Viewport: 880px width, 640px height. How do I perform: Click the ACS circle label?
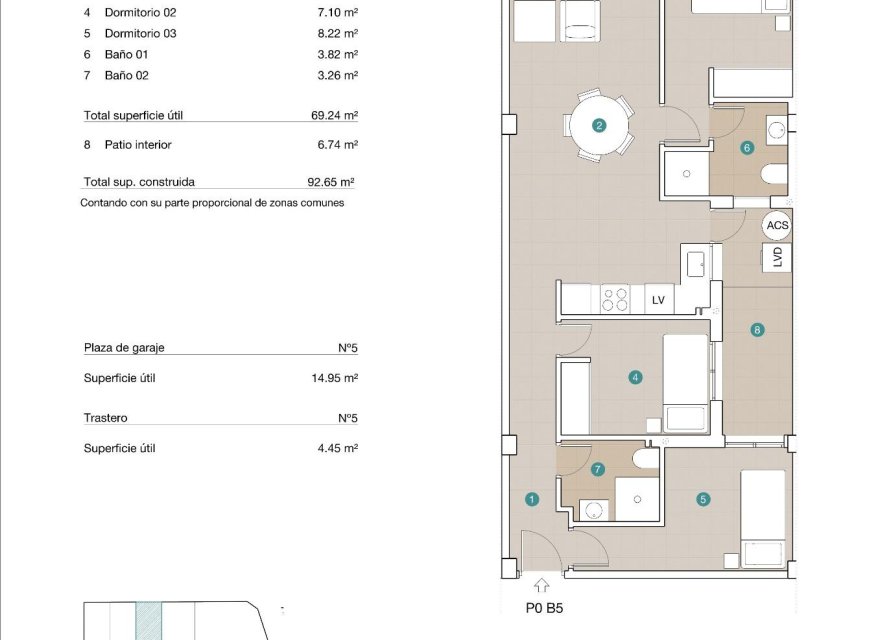[x=777, y=226]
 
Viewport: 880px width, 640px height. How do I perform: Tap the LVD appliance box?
[x=777, y=257]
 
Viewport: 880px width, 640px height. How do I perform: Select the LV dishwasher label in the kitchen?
[x=658, y=299]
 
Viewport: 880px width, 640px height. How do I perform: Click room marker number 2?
[x=599, y=126]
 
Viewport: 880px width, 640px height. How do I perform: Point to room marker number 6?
[x=746, y=148]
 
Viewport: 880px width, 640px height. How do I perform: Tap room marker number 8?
[x=757, y=330]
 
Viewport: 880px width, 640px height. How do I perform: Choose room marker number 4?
[x=635, y=378]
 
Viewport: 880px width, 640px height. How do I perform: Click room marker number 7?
[x=598, y=469]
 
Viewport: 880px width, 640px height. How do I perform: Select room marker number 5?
[x=704, y=499]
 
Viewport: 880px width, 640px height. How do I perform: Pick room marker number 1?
[x=532, y=499]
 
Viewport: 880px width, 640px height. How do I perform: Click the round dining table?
[x=599, y=126]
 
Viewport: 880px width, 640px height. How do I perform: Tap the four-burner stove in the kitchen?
[x=614, y=298]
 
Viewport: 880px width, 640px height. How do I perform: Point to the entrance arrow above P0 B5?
[x=542, y=587]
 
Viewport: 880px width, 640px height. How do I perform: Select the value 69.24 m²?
[x=334, y=115]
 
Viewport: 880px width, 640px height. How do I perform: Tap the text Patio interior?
[x=138, y=145]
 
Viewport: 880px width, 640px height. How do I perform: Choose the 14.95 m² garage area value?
[x=334, y=378]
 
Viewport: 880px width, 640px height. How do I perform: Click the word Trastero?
[x=106, y=418]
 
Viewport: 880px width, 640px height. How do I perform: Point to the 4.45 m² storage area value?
[x=337, y=448]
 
